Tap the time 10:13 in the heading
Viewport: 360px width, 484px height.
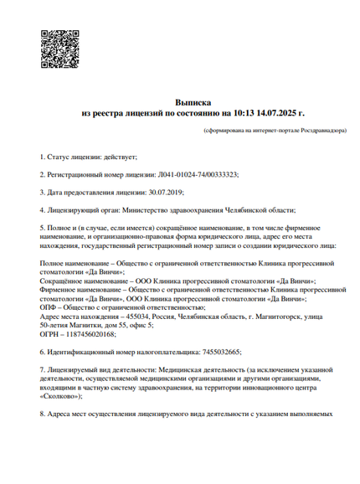[x=242, y=111]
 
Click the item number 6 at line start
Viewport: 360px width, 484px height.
[x=42, y=353]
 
